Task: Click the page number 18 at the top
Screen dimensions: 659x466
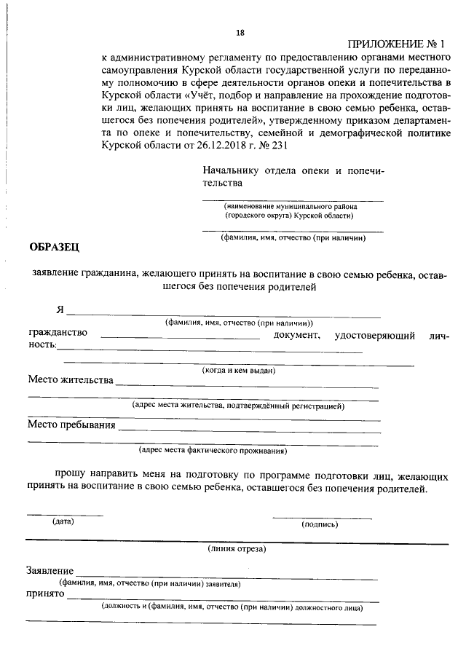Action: pos(241,32)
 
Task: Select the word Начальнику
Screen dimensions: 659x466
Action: pos(231,171)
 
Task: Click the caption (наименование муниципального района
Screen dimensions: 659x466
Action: pos(291,206)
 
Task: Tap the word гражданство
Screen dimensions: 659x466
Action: pos(58,333)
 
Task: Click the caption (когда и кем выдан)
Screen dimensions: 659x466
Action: pos(238,370)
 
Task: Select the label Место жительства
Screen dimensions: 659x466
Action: pos(71,380)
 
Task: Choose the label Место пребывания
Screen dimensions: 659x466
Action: pos(72,425)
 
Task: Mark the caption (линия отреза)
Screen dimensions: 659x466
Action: pos(237,548)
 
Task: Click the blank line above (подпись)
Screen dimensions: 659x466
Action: pos(322,518)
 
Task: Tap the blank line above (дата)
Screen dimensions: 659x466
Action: pos(65,516)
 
